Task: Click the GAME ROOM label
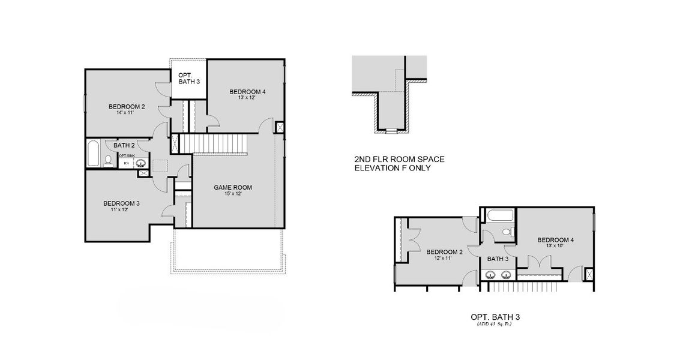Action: click(x=233, y=187)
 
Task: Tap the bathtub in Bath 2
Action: click(x=93, y=154)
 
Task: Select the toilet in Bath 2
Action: click(x=108, y=160)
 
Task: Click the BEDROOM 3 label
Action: click(x=121, y=203)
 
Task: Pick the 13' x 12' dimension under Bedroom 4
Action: click(x=247, y=98)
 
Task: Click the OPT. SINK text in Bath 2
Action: click(x=127, y=156)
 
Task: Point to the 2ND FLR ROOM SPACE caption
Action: click(x=399, y=160)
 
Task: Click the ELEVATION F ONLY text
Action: click(x=393, y=169)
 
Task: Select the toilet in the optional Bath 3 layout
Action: click(x=505, y=231)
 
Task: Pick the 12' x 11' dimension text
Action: click(x=444, y=259)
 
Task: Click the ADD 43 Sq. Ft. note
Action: click(x=499, y=325)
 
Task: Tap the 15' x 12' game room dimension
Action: click(x=233, y=194)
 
